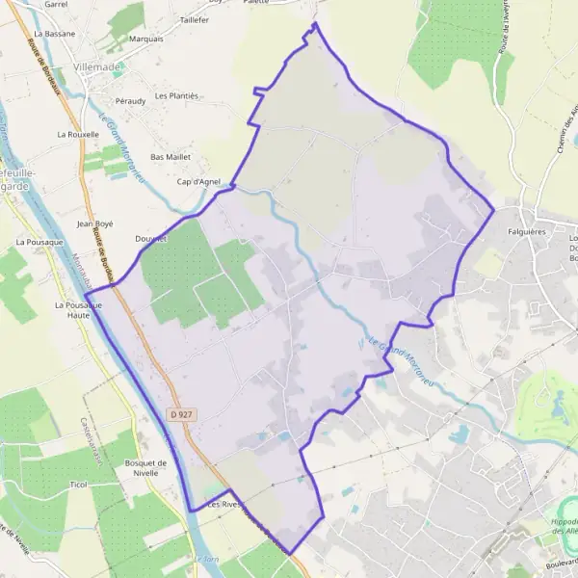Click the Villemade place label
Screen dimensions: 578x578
tap(95, 67)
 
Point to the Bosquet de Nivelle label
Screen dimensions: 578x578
tap(146, 468)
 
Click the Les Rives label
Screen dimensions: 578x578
tap(221, 504)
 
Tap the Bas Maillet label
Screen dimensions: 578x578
tap(171, 156)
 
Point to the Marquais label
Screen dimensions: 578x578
tap(145, 39)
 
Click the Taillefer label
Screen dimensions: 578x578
tap(194, 19)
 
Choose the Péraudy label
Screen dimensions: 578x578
tap(129, 100)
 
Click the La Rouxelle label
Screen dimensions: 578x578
tap(78, 134)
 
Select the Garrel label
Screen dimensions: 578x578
tap(55, 4)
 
